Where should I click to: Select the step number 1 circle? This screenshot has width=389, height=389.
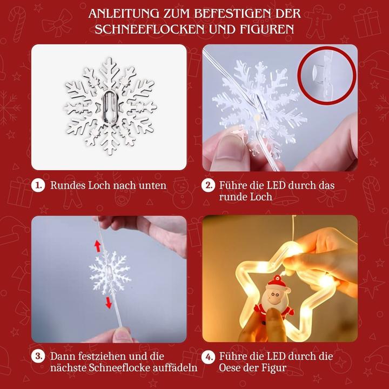39,185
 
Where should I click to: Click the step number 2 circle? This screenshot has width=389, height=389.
209,185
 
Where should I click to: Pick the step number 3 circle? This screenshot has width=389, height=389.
39,357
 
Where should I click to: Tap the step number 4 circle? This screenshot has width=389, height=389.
209,357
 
